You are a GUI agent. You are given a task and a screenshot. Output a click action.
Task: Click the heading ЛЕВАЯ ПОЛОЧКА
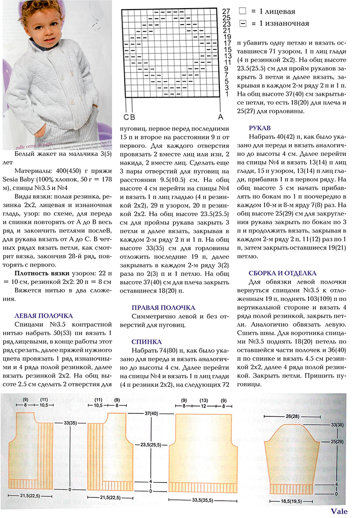44,315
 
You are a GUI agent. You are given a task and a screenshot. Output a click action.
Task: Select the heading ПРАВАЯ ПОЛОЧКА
163,307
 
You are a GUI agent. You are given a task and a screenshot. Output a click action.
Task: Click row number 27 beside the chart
227,10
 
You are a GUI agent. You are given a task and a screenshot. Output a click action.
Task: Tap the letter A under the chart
220,117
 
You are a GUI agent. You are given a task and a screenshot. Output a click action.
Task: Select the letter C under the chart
126,117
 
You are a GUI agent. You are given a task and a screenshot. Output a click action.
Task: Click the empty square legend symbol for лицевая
243,11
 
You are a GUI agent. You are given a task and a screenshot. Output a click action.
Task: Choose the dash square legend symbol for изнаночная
243,23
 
